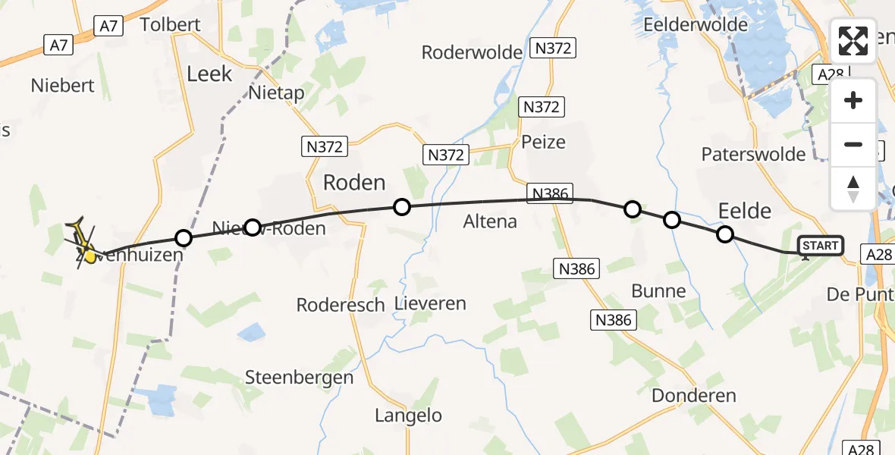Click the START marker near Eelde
click(821, 245)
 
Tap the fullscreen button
click(853, 41)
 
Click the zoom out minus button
click(853, 144)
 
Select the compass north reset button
click(853, 188)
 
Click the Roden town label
click(354, 183)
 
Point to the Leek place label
click(209, 74)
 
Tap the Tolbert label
click(171, 25)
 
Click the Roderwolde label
click(473, 52)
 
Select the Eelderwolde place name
click(695, 25)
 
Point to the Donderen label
click(694, 395)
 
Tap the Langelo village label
click(408, 415)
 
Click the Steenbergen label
click(300, 377)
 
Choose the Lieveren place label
click(430, 304)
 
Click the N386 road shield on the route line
click(551, 193)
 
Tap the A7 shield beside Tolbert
click(108, 26)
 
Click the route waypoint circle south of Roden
click(402, 206)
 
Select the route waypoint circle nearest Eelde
click(725, 234)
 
